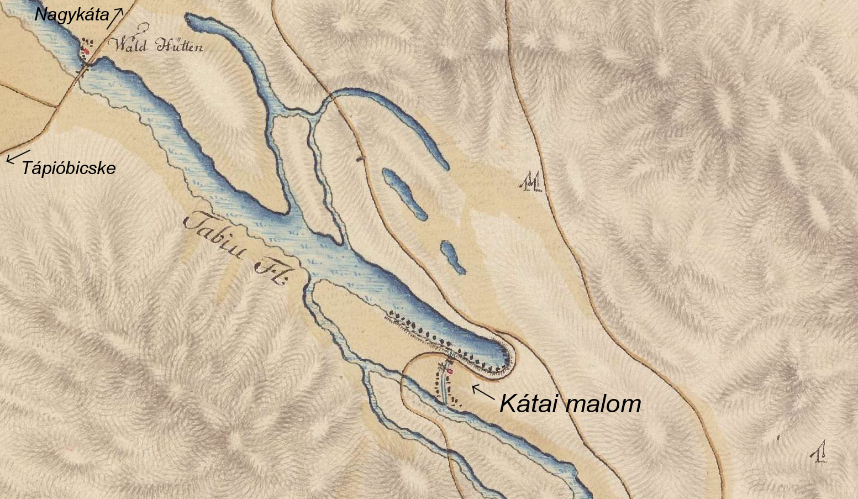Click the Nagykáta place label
71,15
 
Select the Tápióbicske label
69,168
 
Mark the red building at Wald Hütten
86,51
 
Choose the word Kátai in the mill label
530,405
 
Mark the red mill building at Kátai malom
450,372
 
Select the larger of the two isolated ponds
405,194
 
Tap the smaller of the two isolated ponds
453,258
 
